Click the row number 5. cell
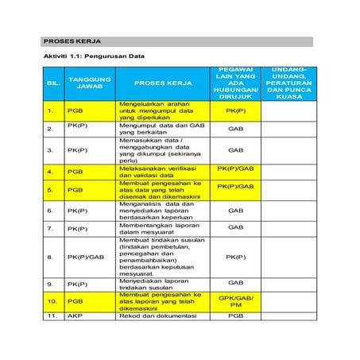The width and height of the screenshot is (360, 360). click(54, 190)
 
